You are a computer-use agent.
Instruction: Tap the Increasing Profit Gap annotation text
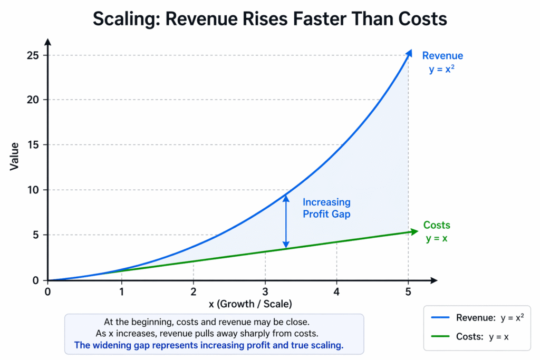pyautogui.click(x=326, y=208)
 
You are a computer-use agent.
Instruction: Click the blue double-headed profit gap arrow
pyautogui.click(x=286, y=221)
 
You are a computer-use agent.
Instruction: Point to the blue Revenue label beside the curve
pyautogui.click(x=442, y=56)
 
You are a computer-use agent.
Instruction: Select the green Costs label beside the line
pyautogui.click(x=437, y=226)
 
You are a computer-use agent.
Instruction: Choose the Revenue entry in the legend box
pyautogui.click(x=476, y=318)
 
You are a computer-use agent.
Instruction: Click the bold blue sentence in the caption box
pyautogui.click(x=208, y=345)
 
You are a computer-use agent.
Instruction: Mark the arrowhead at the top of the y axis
pyautogui.click(x=48, y=42)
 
